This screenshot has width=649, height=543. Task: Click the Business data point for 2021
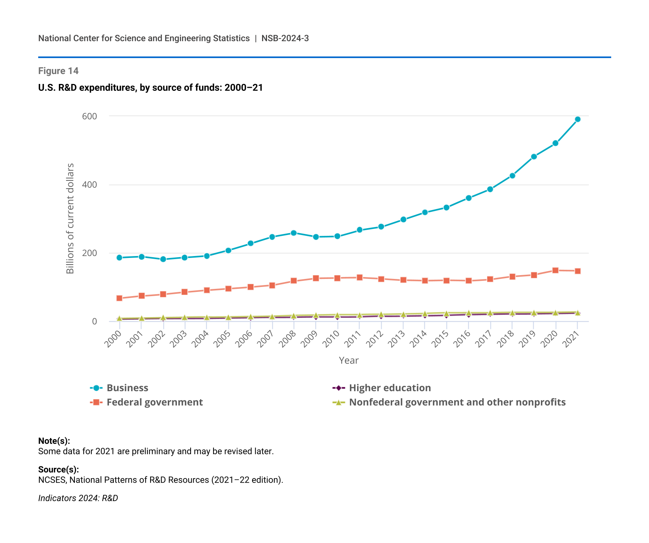click(x=578, y=119)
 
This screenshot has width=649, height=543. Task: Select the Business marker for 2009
click(x=316, y=237)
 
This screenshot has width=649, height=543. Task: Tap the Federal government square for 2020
click(x=555, y=271)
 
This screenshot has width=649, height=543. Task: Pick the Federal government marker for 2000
click(x=119, y=298)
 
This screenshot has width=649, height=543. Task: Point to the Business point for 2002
click(x=163, y=259)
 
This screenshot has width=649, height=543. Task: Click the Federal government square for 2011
click(x=359, y=277)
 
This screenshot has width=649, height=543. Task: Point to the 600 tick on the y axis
click(x=89, y=116)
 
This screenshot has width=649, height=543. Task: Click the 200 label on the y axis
click(x=89, y=253)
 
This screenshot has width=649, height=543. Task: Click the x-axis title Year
click(x=348, y=361)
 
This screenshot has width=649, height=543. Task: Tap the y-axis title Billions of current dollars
click(x=70, y=218)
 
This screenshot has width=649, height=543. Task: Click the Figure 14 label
click(x=58, y=71)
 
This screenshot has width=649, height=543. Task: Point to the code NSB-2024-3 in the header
click(x=285, y=39)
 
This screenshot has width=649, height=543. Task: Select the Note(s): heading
click(x=54, y=441)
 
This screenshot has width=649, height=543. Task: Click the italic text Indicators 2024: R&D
click(x=78, y=498)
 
